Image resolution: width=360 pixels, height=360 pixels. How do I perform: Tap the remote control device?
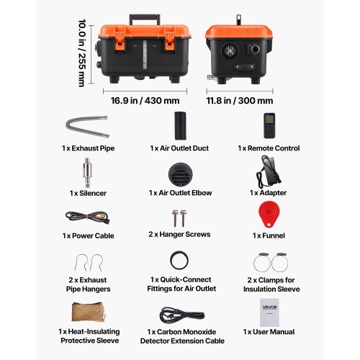269,125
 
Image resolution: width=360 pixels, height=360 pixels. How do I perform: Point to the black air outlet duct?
180,125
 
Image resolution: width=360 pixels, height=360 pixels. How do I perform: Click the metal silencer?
87,172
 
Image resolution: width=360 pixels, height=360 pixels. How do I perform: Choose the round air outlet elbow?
180,174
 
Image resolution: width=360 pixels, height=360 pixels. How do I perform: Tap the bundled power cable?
88,217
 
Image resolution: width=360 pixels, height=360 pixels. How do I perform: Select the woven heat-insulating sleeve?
89,312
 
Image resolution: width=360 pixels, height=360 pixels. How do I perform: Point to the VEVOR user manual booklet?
269,312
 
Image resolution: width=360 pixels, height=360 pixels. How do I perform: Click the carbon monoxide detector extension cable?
182,315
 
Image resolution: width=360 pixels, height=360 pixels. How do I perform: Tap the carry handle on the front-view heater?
145,17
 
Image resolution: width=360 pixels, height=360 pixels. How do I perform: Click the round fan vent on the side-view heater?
230,51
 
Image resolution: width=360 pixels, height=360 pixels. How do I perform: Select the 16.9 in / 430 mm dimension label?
145,101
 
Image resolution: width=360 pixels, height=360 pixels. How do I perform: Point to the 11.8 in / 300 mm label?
240,101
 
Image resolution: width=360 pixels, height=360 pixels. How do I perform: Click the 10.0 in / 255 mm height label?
82,53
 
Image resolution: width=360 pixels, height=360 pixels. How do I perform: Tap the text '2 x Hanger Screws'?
179,234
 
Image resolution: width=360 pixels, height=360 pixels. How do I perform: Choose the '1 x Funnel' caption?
269,235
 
